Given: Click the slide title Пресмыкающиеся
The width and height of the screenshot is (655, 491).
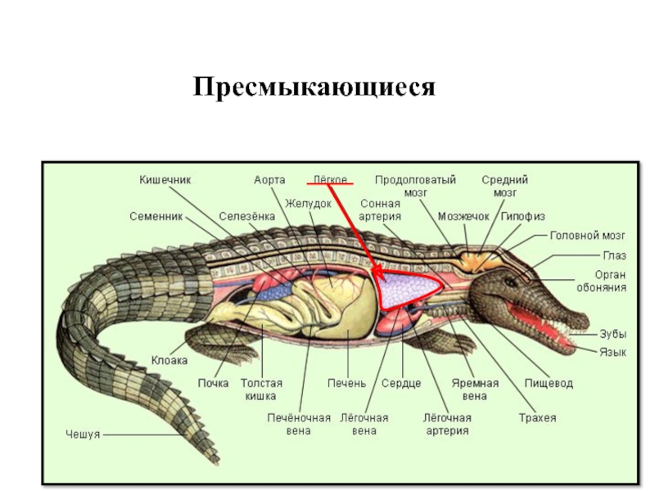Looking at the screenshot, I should [x=314, y=87].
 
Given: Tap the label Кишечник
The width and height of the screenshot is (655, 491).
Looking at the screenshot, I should [x=165, y=178].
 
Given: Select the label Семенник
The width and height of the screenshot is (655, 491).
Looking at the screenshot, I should [x=156, y=217].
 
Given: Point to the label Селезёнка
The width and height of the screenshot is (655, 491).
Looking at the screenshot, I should [x=246, y=217].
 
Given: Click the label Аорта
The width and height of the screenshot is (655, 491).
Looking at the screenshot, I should [x=269, y=178].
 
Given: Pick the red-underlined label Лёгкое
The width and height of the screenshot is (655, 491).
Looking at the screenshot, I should [x=331, y=178].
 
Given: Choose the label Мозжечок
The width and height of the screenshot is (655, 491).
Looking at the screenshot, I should [x=463, y=217].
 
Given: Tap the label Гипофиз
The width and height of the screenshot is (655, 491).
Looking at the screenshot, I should [x=522, y=217].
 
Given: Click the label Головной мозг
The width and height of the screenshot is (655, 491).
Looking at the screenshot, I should [x=587, y=235].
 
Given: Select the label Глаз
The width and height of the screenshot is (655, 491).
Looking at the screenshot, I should [x=614, y=255].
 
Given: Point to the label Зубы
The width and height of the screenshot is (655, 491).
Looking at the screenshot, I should [x=613, y=334].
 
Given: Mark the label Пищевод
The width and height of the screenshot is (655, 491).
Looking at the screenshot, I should [x=549, y=383].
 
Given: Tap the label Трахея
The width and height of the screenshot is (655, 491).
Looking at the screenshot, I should [x=537, y=418].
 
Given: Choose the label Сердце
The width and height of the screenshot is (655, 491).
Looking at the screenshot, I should [x=401, y=383].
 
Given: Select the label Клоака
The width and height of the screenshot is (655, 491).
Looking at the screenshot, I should [x=169, y=360].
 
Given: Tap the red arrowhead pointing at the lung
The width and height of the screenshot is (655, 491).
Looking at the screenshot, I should [x=373, y=275].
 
